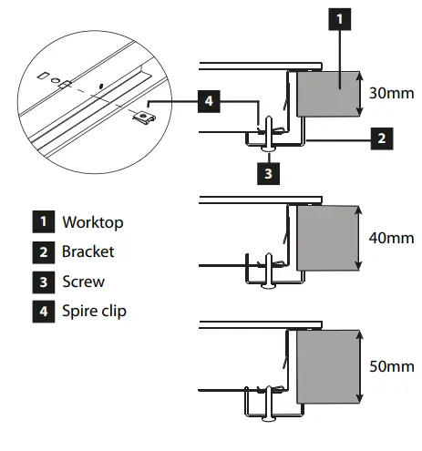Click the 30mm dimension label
[393, 92]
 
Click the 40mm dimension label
[393, 237]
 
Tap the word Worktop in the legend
[92, 222]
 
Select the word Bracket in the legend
[88, 251]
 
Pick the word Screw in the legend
[84, 282]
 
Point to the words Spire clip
[94, 311]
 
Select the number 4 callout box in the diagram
[208, 102]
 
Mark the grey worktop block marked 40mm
[325, 237]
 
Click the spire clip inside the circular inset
[142, 114]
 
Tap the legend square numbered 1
[42, 222]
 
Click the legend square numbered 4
[42, 311]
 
